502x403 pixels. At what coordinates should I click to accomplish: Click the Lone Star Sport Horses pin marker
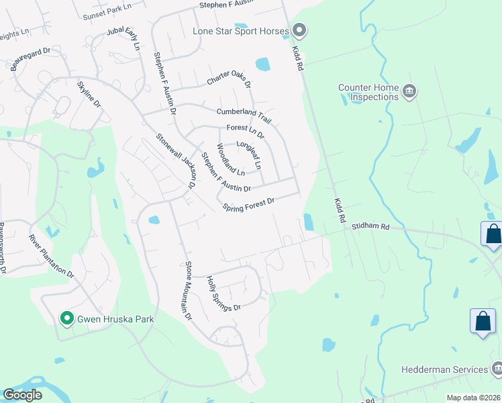point(299,31)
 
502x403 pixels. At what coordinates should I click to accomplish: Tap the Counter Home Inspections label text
point(368,92)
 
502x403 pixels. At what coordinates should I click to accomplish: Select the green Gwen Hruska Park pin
point(66,318)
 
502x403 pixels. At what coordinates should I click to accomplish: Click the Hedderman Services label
point(444,369)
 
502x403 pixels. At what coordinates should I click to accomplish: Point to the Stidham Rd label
point(370,227)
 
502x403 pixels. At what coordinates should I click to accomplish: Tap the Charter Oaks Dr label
point(228,78)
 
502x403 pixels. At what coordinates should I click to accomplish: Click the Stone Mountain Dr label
point(189,289)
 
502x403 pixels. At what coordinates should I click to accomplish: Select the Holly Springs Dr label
point(223,294)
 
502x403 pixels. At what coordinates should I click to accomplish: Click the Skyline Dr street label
point(89,95)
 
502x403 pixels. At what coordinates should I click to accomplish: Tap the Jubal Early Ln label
point(123,40)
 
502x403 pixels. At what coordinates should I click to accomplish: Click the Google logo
point(22,395)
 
